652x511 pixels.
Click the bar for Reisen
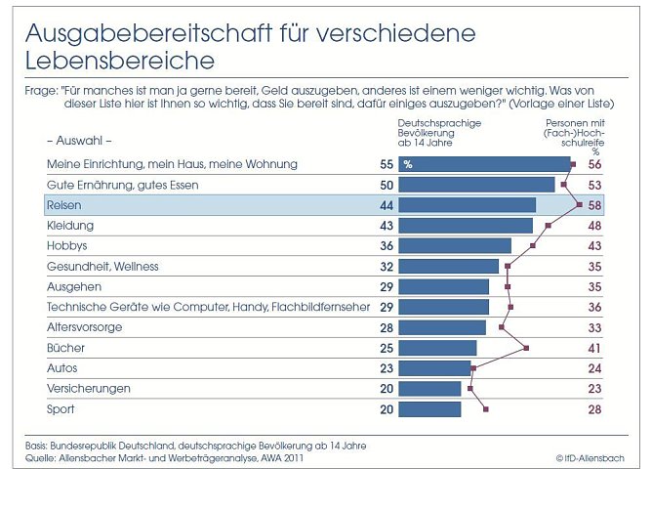click(468, 205)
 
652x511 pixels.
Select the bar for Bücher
click(438, 348)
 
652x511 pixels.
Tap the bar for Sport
click(430, 409)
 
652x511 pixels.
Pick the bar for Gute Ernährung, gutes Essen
click(477, 185)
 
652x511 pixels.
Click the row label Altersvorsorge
click(85, 327)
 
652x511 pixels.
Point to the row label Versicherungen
click(89, 389)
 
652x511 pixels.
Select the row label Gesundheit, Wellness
click(102, 266)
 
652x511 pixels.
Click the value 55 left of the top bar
click(387, 164)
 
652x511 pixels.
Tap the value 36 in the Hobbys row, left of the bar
click(387, 246)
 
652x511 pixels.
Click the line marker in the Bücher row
click(527, 348)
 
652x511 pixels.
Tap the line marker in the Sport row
click(486, 409)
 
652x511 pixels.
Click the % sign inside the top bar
click(408, 164)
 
